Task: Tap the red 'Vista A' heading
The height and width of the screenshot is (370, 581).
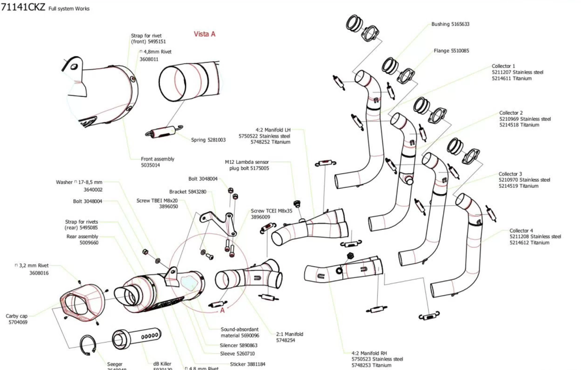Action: [205, 34]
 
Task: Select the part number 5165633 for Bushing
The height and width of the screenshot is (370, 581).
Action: [460, 24]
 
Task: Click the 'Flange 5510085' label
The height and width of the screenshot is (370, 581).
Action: [451, 51]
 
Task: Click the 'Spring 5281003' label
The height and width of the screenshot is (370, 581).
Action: [208, 140]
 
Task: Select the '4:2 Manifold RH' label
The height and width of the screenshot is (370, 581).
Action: [369, 352]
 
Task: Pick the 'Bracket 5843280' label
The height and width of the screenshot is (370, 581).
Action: [188, 192]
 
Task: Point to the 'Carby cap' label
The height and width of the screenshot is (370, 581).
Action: [17, 316]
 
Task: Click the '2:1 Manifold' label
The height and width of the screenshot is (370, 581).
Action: [289, 334]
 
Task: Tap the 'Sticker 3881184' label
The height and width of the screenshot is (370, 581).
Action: [247, 364]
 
